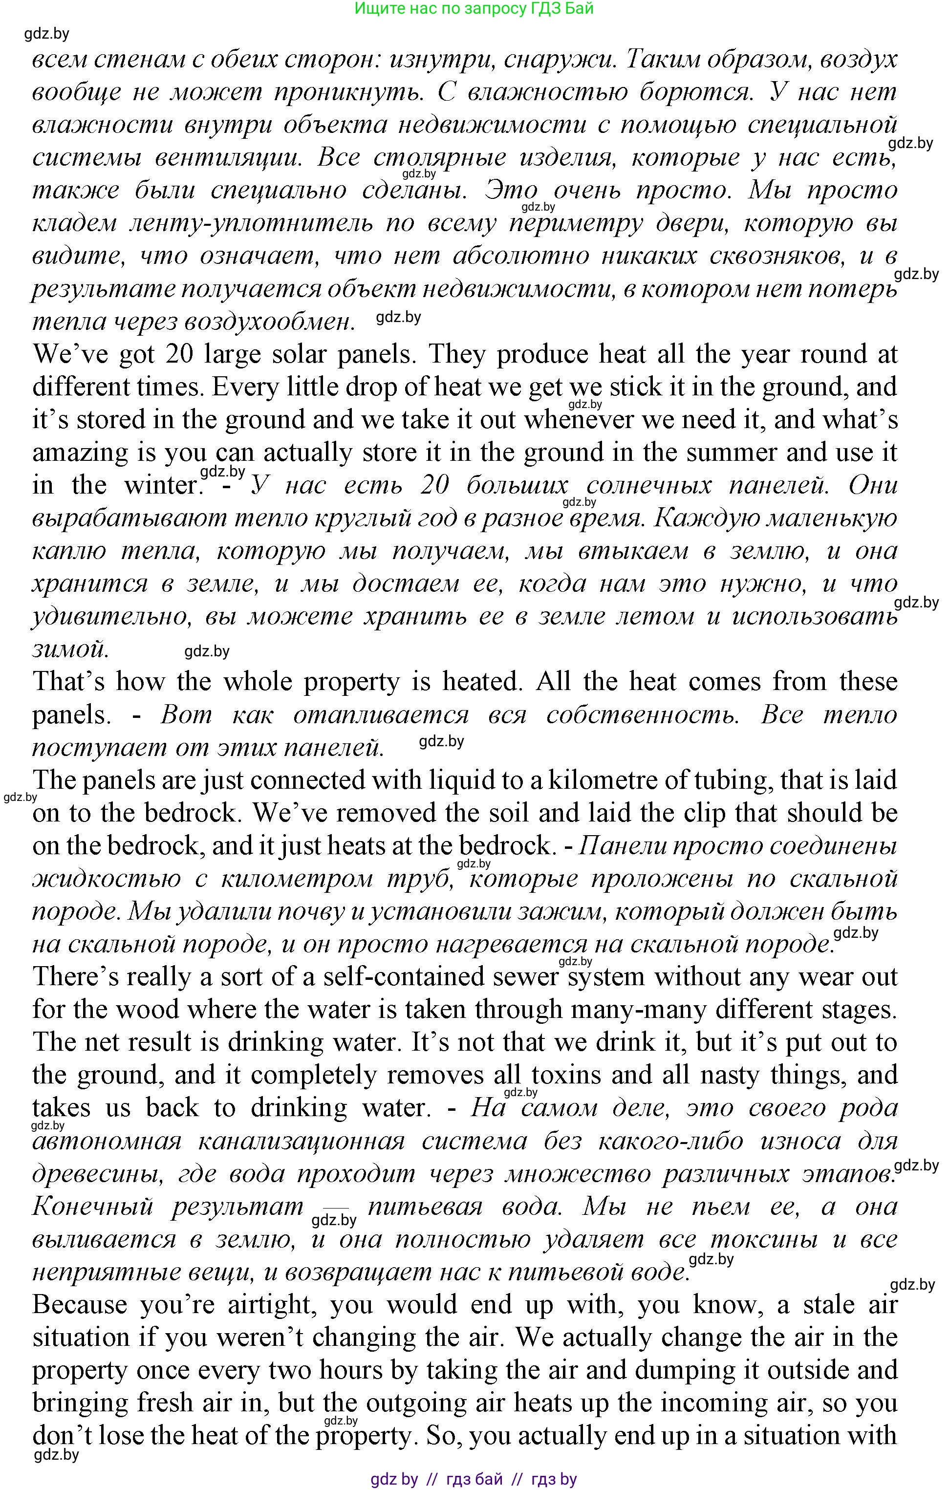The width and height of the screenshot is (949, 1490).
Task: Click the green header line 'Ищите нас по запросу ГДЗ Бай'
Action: pos(474,9)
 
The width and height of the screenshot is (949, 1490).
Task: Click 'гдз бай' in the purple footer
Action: pos(474,1479)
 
